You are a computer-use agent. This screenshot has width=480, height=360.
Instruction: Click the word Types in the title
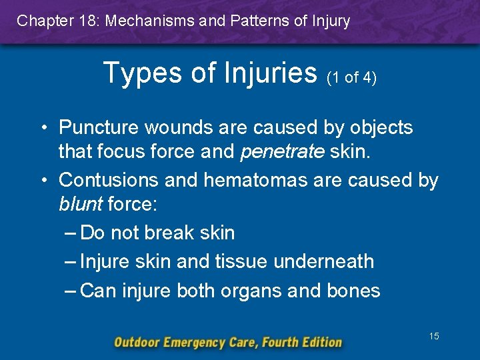pyautogui.click(x=142, y=71)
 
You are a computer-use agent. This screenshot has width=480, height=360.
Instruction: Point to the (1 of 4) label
pyautogui.click(x=351, y=77)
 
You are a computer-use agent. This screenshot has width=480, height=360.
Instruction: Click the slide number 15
pyautogui.click(x=434, y=337)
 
